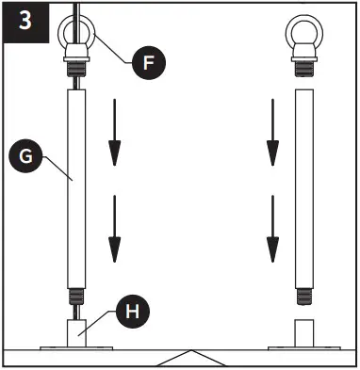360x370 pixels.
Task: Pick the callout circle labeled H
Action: click(131, 310)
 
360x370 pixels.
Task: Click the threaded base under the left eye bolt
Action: click(74, 65)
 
